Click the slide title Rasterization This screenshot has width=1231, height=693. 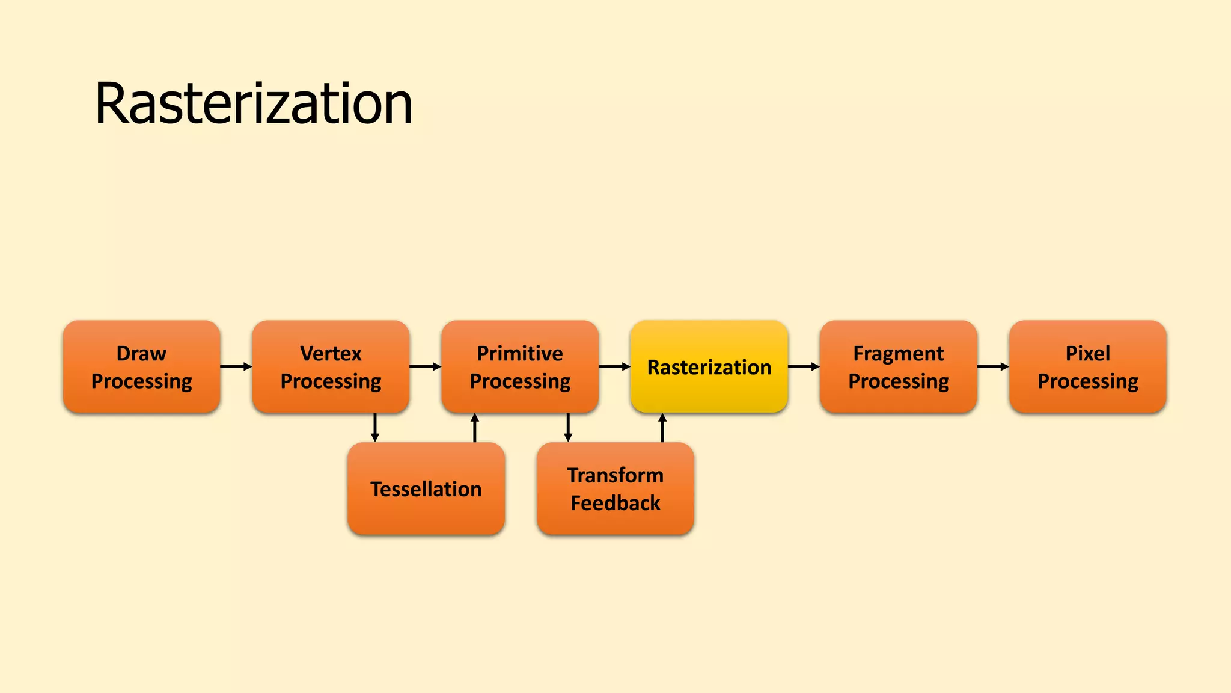pyautogui.click(x=254, y=103)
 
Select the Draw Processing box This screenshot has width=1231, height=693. pyautogui.click(x=141, y=367)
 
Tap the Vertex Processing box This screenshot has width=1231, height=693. pyautogui.click(x=331, y=367)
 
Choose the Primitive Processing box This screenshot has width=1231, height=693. pyautogui.click(x=520, y=367)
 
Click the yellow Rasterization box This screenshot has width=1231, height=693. pyautogui.click(x=709, y=367)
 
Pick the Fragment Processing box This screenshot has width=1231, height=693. pyautogui.click(x=899, y=367)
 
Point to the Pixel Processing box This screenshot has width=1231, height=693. pyautogui.click(x=1088, y=367)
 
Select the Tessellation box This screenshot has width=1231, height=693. pyautogui.click(x=426, y=488)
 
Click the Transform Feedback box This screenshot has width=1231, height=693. pyautogui.click(x=615, y=488)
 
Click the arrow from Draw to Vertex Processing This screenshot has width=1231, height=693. pyautogui.click(x=236, y=366)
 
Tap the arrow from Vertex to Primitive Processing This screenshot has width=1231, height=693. pyautogui.click(x=426, y=366)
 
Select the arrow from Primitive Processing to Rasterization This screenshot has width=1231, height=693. pyautogui.click(x=615, y=366)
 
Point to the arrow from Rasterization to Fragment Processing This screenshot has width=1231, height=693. pyautogui.click(x=804, y=366)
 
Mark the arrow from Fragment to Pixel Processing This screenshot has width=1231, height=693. pyautogui.click(x=994, y=366)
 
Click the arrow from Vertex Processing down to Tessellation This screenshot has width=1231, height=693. pyautogui.click(x=375, y=428)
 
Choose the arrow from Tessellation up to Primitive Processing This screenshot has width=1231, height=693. pyautogui.click(x=475, y=428)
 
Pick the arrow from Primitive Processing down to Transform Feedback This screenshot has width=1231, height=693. pyautogui.click(x=568, y=428)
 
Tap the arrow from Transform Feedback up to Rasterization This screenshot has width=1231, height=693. pyautogui.click(x=662, y=428)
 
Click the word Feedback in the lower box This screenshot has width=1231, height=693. pyautogui.click(x=615, y=503)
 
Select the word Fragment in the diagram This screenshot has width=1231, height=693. pyautogui.click(x=899, y=353)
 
